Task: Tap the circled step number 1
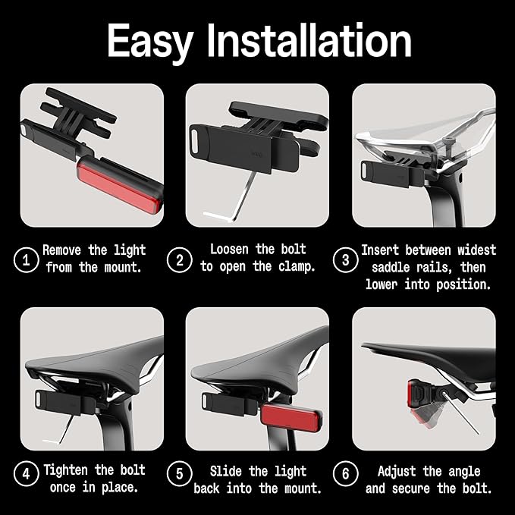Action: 26,259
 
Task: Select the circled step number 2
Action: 180,259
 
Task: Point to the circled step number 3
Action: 346,259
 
